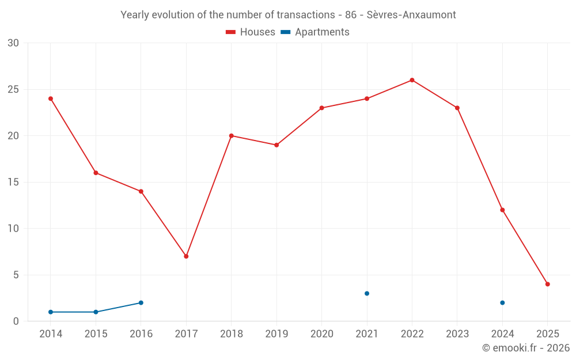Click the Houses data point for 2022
tap(412, 80)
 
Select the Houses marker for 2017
tap(186, 256)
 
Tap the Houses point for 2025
tap(547, 284)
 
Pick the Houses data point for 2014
tap(51, 98)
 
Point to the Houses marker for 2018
tap(231, 136)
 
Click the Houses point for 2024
tap(502, 210)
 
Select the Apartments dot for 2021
tap(367, 294)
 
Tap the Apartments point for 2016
tap(141, 303)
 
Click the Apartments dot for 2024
tap(502, 303)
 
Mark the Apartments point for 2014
tap(51, 312)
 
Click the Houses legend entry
tap(251, 32)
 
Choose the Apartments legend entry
tap(315, 32)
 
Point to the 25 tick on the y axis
tap(13, 89)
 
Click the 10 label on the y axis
tap(13, 229)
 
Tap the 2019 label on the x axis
tap(276, 334)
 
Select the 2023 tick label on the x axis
tap(457, 334)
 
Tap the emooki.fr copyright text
tap(525, 348)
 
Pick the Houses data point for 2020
tap(321, 108)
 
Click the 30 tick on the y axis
tap(13, 43)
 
